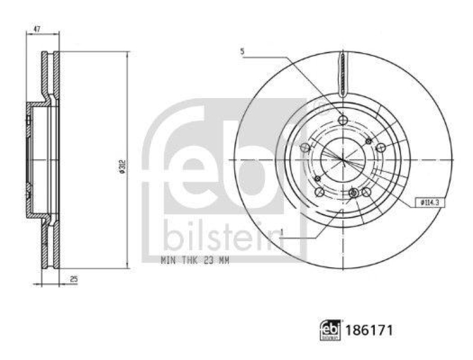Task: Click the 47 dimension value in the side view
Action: pyautogui.click(x=37, y=27)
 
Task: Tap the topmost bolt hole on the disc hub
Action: pyautogui.click(x=342, y=120)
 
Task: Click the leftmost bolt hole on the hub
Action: pyautogui.click(x=305, y=148)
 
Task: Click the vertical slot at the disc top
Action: pyautogui.click(x=342, y=74)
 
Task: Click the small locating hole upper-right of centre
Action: pyautogui.click(x=369, y=141)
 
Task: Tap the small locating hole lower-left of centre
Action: pyautogui.click(x=317, y=179)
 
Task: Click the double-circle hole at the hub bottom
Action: pyautogui.click(x=354, y=193)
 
